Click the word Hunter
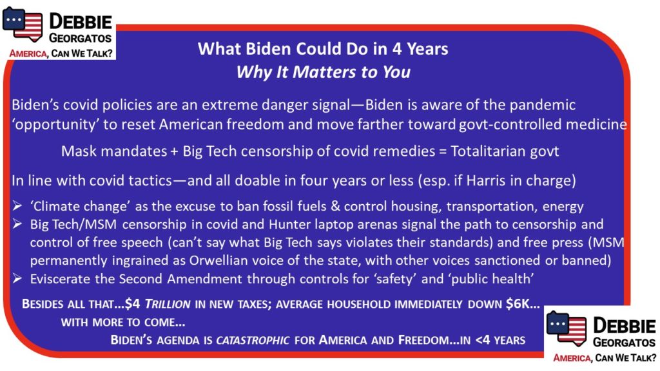[x=289, y=224]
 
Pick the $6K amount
[x=518, y=304]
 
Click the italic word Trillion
[x=168, y=304]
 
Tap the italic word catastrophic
[x=253, y=340]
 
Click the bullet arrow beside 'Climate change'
[x=17, y=205]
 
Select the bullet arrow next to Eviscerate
[x=17, y=278]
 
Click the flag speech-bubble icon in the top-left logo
[x=23, y=24]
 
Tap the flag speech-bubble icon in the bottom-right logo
[x=567, y=328]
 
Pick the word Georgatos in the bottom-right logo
[x=624, y=343]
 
